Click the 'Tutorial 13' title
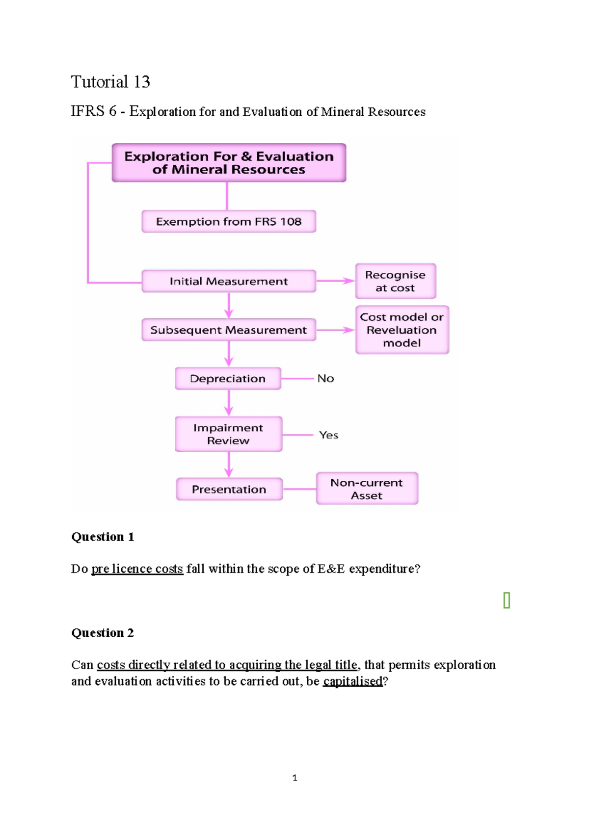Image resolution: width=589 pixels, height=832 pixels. tap(110, 82)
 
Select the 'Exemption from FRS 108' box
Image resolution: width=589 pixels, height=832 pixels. tap(229, 222)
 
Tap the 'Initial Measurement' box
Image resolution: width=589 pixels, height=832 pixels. tap(229, 281)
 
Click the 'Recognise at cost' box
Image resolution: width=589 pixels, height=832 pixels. tap(395, 281)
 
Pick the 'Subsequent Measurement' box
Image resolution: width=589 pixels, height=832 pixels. tap(229, 330)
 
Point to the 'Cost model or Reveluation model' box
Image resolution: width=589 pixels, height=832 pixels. tap(402, 330)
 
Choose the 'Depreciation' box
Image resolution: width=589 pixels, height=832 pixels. tap(228, 379)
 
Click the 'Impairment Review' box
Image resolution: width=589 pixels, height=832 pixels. tap(228, 434)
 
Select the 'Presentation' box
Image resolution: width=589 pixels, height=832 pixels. tap(229, 489)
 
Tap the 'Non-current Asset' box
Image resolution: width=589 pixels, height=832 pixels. tap(367, 489)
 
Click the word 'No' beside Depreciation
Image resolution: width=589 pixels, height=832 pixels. tap(325, 378)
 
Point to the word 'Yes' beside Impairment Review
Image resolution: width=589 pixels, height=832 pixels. tap(328, 435)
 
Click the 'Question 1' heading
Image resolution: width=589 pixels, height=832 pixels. tap(103, 537)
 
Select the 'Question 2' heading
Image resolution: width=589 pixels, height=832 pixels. tap(103, 633)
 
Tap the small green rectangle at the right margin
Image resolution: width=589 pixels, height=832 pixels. tap(507, 600)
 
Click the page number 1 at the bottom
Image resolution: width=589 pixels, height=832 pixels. tap(294, 778)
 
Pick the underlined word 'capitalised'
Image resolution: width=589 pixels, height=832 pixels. tap(352, 681)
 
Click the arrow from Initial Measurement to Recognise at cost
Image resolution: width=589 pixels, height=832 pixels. tap(336, 281)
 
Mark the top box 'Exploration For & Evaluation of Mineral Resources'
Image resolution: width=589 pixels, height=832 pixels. tap(229, 163)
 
